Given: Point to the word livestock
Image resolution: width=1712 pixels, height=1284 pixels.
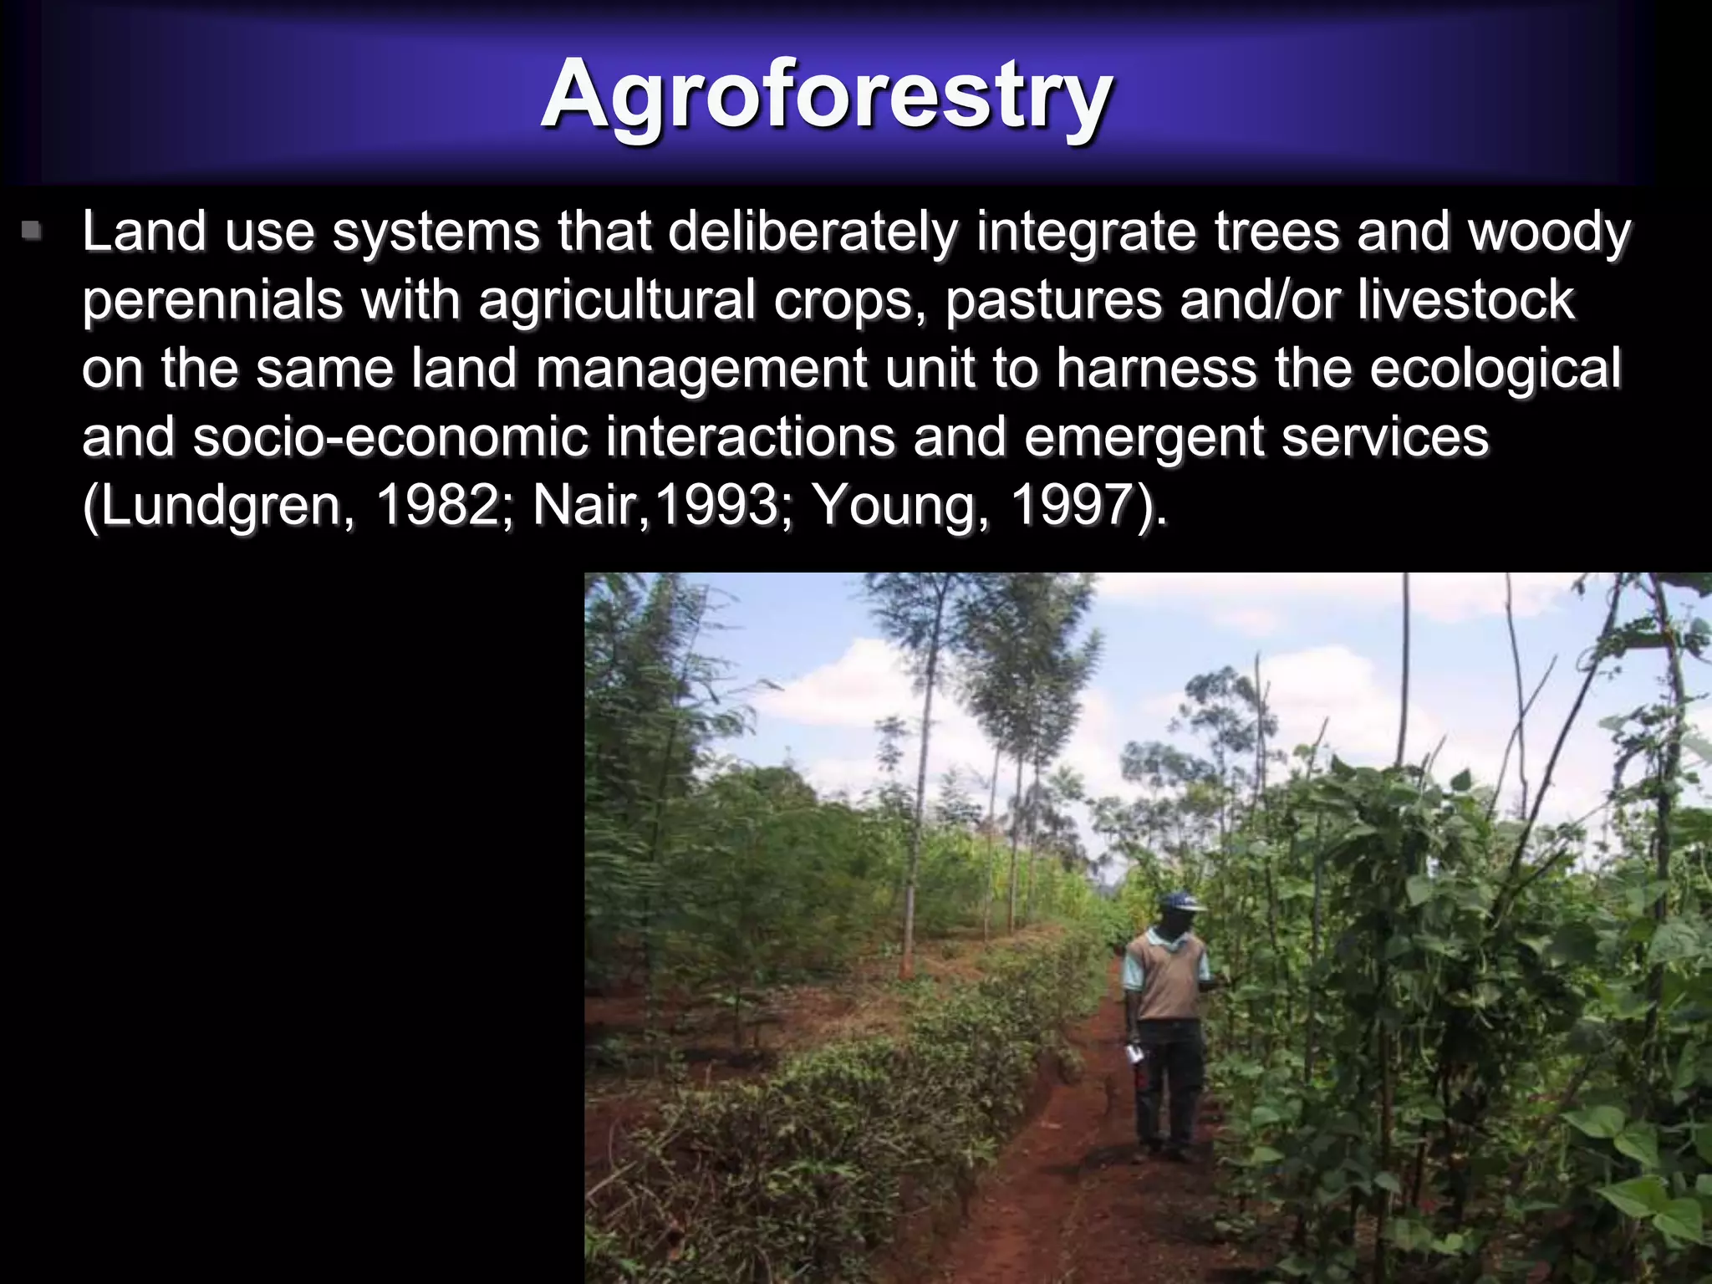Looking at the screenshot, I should (1465, 301).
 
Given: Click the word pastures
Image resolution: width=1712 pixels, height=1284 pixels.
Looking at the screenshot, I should (1053, 301).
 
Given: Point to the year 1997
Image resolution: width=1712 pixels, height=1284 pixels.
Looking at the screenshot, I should (1078, 506).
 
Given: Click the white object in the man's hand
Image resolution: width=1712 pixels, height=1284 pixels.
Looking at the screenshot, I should (1135, 1054).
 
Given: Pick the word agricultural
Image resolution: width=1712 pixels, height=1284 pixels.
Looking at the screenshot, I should (616, 301).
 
